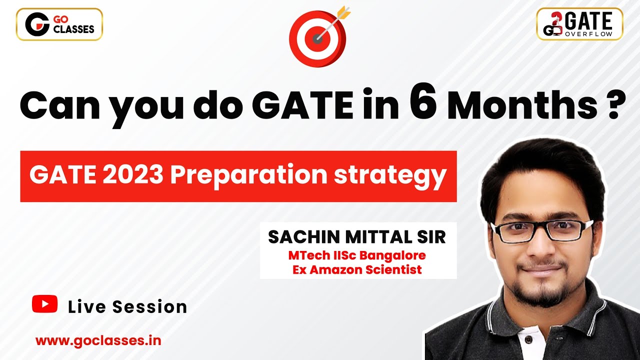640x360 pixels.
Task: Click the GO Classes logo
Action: click(x=59, y=24)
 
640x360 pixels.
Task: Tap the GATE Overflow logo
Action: click(x=579, y=24)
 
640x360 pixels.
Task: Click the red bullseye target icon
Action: click(x=318, y=38)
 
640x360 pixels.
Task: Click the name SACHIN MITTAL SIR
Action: click(x=357, y=237)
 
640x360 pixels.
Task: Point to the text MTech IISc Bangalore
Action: click(x=357, y=255)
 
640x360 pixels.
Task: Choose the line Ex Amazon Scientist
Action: click(x=357, y=270)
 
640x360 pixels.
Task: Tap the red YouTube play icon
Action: click(x=44, y=304)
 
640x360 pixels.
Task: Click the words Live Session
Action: click(x=127, y=306)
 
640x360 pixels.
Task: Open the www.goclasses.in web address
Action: click(x=98, y=340)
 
